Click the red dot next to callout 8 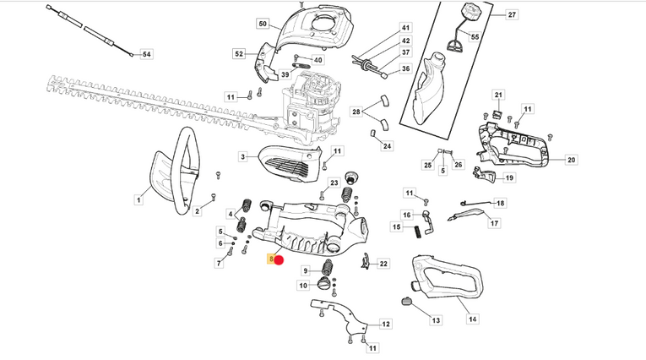[279, 260]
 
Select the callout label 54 [147, 54]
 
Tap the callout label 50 [263, 24]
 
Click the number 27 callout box [512, 14]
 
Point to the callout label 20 [571, 160]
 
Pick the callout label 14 [473, 319]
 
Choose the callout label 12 [386, 325]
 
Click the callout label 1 [138, 200]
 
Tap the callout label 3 [243, 156]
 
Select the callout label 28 [356, 112]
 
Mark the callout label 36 [406, 68]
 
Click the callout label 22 [383, 264]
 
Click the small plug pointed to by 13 [407, 302]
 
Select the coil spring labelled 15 [419, 232]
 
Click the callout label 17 [494, 223]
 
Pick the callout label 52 [239, 53]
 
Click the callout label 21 [498, 95]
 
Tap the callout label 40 [318, 60]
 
